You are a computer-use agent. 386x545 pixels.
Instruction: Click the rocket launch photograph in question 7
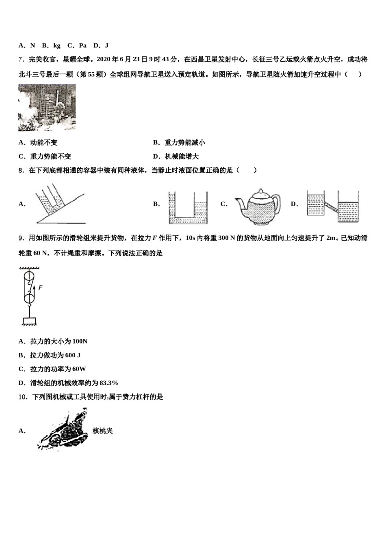[x=47, y=107]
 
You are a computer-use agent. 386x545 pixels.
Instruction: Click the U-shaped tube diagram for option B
[x=188, y=207]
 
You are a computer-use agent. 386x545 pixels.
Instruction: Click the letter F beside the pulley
[x=41, y=288]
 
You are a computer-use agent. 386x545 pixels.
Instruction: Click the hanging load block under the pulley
[x=29, y=321]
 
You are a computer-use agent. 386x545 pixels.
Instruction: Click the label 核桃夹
[x=102, y=431]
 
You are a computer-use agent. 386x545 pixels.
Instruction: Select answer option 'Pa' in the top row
[x=82, y=45]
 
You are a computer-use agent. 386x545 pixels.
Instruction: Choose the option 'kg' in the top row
[x=56, y=45]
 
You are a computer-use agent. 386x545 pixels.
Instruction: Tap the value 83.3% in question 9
[x=108, y=383]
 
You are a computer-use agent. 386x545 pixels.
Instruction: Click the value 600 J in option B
[x=73, y=355]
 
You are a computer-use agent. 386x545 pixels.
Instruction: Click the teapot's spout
[x=239, y=202]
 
